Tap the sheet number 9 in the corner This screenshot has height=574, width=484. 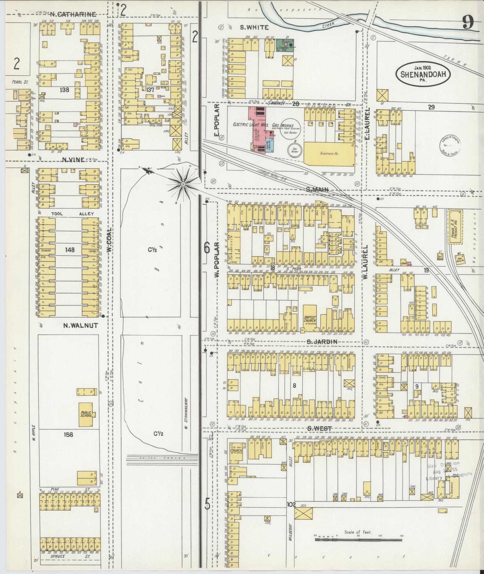coord(468,22)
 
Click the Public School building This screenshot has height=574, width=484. coord(86,414)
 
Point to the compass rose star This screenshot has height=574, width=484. coord(183,183)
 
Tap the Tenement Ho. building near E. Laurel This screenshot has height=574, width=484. coord(329,153)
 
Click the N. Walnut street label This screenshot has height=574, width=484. coord(80,325)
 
